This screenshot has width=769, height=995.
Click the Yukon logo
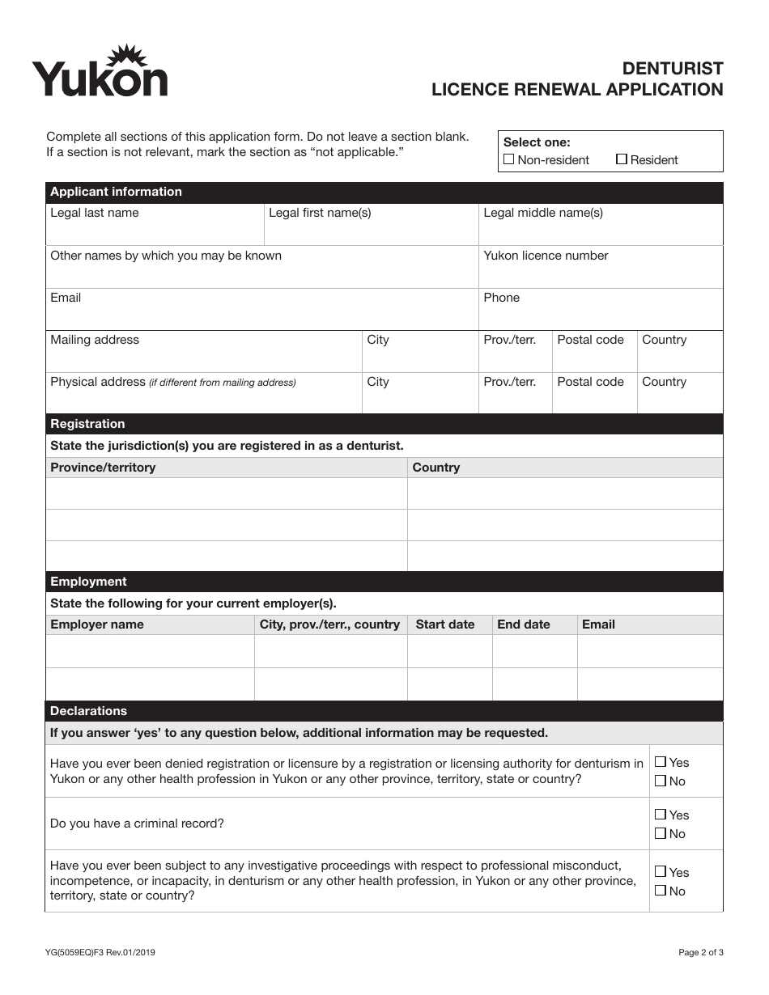(100, 73)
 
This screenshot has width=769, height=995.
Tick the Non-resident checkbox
(508, 159)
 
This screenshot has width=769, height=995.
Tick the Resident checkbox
(622, 159)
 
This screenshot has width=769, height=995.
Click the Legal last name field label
(95, 213)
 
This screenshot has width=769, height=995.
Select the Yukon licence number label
(546, 256)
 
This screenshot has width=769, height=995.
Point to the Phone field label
(501, 298)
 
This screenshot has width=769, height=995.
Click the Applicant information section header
(116, 193)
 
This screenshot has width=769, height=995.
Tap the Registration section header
(87, 424)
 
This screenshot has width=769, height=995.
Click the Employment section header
(88, 582)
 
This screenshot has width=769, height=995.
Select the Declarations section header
(88, 711)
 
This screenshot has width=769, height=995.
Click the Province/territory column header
(103, 468)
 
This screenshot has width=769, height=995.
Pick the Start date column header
(444, 625)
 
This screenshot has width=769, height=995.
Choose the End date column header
(523, 625)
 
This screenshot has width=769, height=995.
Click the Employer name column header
(97, 625)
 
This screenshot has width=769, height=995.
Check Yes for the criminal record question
(661, 815)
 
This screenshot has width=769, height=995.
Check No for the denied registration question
(661, 781)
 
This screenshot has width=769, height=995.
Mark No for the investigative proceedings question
(661, 891)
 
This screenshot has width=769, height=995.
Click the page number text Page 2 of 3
(701, 953)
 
